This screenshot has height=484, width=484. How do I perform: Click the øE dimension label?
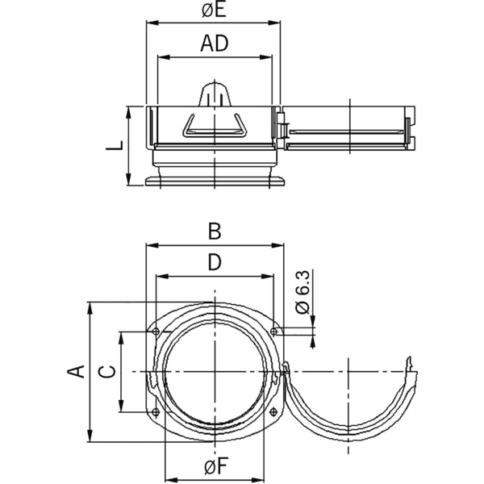215,12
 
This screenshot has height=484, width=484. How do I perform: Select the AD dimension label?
215,44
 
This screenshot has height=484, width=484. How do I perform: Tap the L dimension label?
118,146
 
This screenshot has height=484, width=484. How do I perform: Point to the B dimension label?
215,232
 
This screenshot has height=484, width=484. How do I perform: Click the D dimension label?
215,263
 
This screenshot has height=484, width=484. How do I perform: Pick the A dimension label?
76,371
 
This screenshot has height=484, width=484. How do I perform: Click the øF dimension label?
215,465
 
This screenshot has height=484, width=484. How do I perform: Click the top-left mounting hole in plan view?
155,332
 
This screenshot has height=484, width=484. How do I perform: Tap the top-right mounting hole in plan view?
275,332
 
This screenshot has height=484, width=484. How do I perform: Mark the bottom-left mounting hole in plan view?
155,413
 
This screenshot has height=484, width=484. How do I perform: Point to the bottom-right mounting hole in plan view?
275,413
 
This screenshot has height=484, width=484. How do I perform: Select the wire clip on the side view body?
215,125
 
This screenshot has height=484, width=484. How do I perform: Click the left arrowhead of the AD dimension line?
161,57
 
